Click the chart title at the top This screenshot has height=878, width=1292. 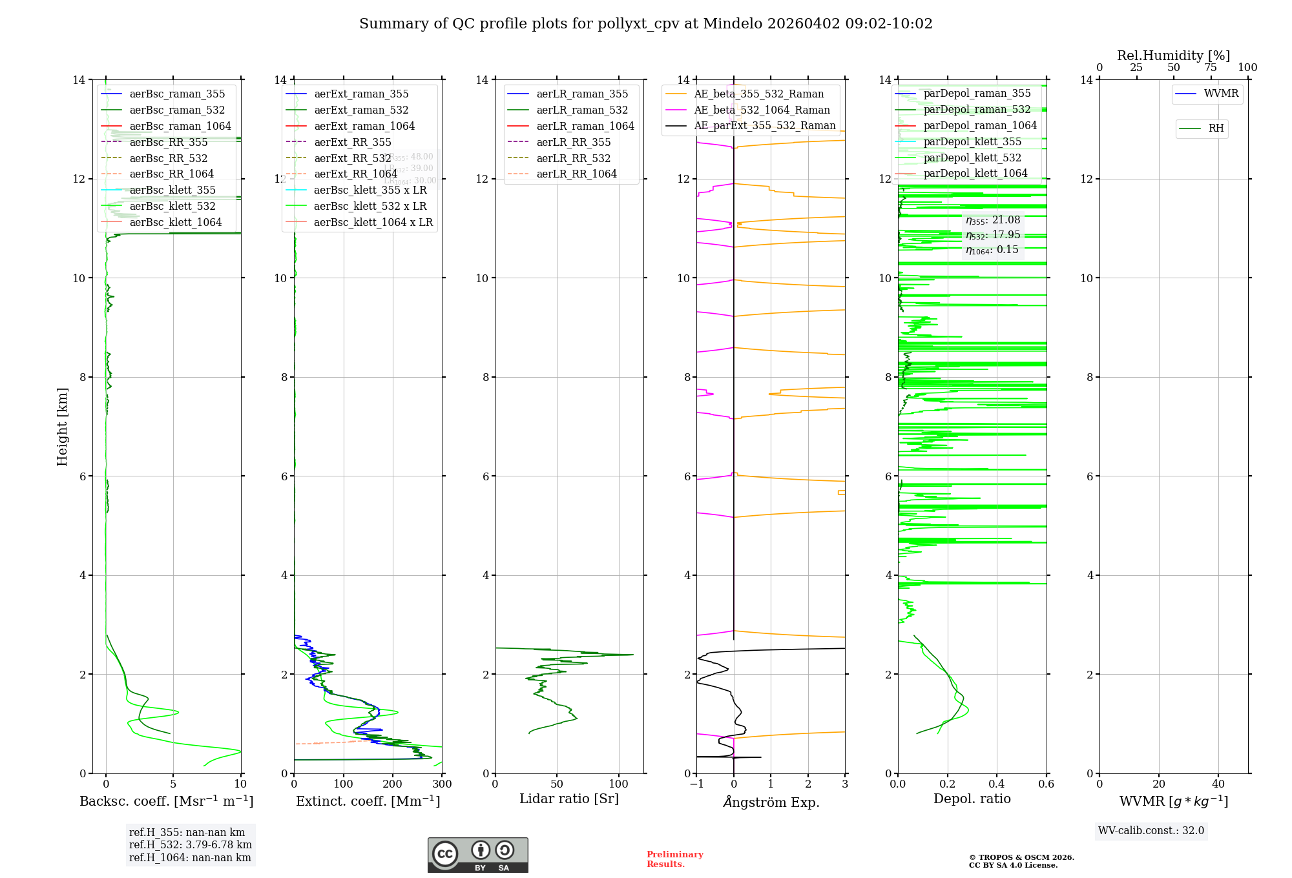coord(645,24)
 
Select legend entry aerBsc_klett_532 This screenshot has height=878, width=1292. coord(172,207)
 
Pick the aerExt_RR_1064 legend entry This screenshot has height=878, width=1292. coord(355,174)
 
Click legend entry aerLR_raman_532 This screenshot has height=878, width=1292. coord(581,110)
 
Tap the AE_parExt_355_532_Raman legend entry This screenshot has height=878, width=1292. coord(764,126)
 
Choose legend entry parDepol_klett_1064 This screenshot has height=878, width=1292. coord(975,174)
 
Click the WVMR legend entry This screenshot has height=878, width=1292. coord(1220,94)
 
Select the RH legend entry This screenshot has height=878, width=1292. coord(1215,128)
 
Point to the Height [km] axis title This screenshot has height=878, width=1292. coord(62,427)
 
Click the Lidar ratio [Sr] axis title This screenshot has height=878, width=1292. coord(569,799)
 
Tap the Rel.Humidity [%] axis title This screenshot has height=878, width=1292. coord(1173,56)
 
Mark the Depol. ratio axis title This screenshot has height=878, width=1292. coord(972,799)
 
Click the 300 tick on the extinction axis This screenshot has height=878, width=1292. coord(442,784)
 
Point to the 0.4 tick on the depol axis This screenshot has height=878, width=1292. coord(997,784)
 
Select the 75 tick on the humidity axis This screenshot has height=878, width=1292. coord(1211,68)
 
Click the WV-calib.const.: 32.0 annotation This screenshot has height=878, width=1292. coord(1151,831)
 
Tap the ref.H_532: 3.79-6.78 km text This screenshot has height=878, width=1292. coord(190,845)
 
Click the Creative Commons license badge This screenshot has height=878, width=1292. coord(477,855)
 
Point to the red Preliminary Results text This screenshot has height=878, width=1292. coord(674,859)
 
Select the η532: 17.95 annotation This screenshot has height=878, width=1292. coord(993,235)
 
